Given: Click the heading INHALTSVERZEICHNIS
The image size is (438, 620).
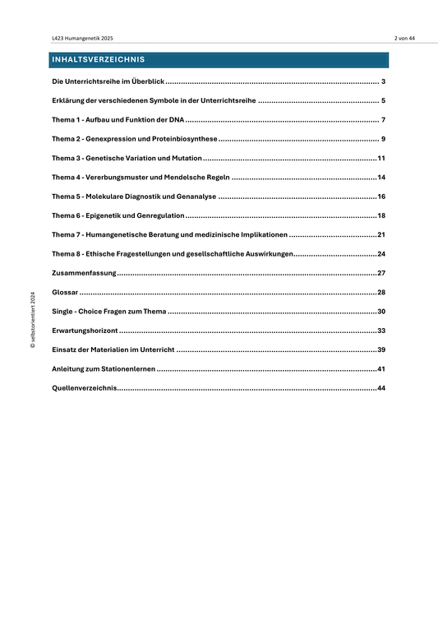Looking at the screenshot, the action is [98, 60].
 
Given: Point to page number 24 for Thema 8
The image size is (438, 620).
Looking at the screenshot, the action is [381, 254].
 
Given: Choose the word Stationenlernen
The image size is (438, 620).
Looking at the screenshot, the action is [125, 369].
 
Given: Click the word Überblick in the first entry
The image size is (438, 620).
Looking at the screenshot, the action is [145, 81].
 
